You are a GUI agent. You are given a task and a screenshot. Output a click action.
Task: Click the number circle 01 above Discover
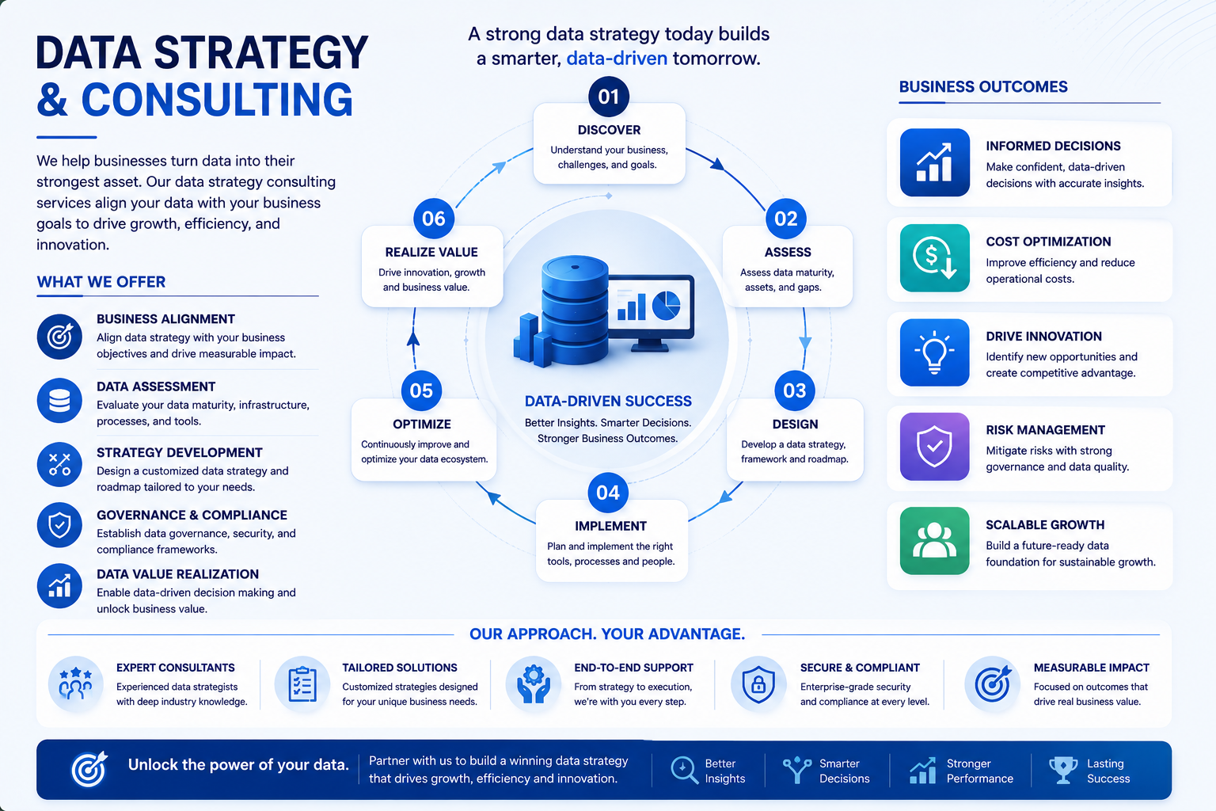click(609, 97)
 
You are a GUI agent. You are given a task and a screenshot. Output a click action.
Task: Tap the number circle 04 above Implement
click(608, 493)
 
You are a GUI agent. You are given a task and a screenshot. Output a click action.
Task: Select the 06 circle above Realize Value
click(434, 219)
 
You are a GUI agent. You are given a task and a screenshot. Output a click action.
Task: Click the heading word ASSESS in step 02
click(788, 252)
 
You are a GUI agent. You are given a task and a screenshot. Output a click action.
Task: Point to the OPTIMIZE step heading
click(422, 425)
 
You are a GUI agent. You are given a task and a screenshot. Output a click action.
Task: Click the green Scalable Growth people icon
click(934, 541)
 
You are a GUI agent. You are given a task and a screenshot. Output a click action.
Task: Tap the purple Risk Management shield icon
click(934, 447)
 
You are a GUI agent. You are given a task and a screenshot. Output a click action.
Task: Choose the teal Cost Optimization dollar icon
click(934, 258)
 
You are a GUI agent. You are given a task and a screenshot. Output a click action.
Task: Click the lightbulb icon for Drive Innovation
click(934, 352)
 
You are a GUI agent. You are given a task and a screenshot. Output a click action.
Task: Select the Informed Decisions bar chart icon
click(934, 162)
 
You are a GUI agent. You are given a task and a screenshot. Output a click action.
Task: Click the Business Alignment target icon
click(59, 337)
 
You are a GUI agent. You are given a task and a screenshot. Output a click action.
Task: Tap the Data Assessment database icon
click(59, 401)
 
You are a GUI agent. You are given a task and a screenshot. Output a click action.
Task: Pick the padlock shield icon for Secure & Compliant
click(758, 684)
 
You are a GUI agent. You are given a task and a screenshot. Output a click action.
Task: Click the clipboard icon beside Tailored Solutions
click(302, 684)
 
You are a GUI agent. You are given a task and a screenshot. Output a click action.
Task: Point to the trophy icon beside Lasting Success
click(1063, 771)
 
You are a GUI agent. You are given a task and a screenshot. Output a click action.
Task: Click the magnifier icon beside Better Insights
click(685, 771)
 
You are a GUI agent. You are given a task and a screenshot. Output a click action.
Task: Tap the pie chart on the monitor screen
click(666, 305)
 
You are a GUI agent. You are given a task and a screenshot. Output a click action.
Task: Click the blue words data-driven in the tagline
click(617, 58)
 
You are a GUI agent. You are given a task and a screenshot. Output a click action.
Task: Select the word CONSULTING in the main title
click(217, 100)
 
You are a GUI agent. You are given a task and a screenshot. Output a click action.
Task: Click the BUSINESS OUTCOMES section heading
click(983, 87)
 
